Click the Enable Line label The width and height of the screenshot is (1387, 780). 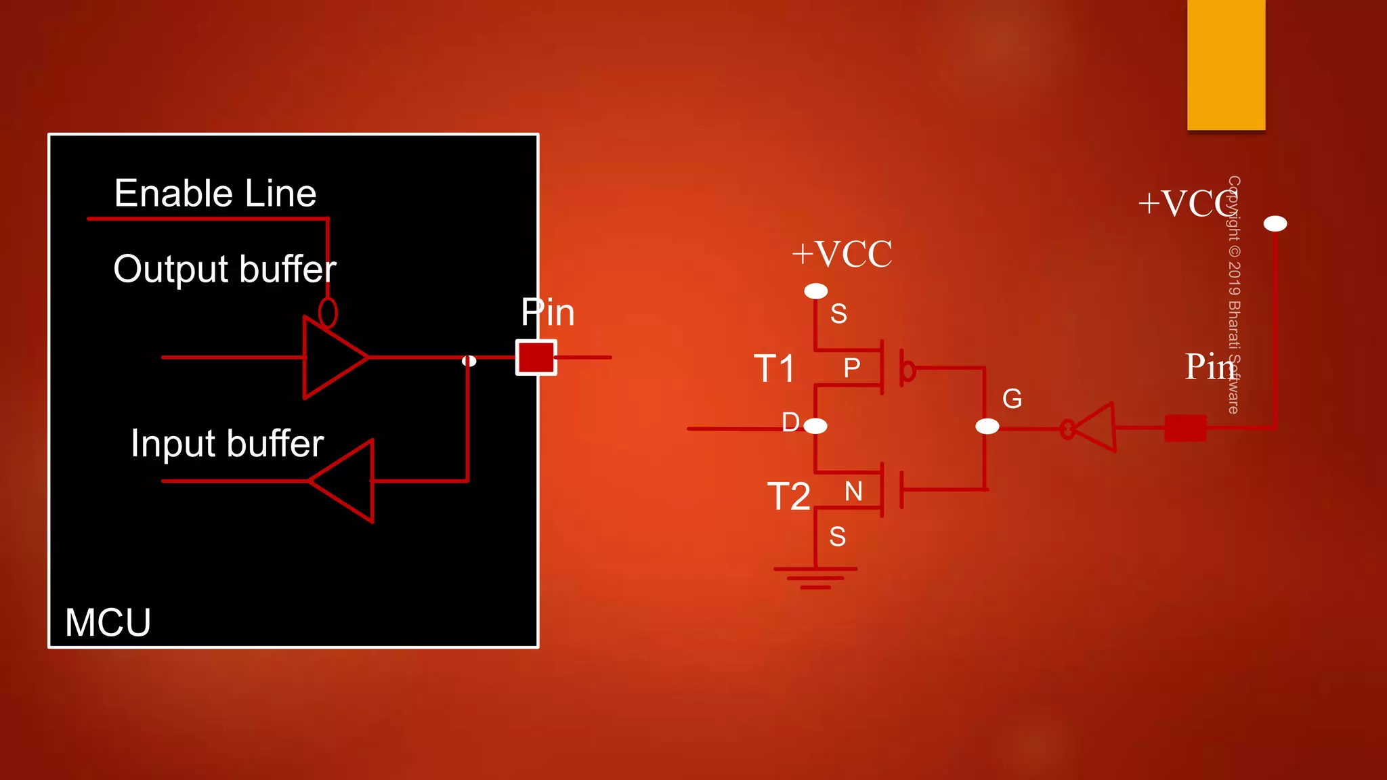tap(215, 194)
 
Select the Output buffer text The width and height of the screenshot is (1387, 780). tap(224, 269)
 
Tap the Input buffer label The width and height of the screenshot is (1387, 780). tap(227, 443)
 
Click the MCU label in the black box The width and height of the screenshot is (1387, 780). tap(108, 622)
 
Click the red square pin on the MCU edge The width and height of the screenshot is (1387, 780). tap(536, 357)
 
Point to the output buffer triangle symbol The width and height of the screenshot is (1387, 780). tap(332, 357)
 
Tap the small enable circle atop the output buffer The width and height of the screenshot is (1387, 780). tap(328, 312)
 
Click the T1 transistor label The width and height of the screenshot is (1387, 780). tap(775, 369)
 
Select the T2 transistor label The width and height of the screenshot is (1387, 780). tap(788, 496)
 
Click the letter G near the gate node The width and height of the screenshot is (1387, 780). tap(1012, 399)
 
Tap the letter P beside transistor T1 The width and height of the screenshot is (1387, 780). tap(852, 368)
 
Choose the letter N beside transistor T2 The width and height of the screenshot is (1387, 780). tap(853, 492)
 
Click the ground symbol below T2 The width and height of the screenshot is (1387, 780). tap(815, 577)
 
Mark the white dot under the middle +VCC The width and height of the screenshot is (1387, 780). tap(815, 291)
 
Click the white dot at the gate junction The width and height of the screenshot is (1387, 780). tap(987, 426)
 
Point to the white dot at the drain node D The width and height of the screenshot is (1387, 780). tap(815, 426)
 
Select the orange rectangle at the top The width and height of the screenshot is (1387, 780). tap(1226, 64)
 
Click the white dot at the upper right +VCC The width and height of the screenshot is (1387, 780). tap(1275, 223)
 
